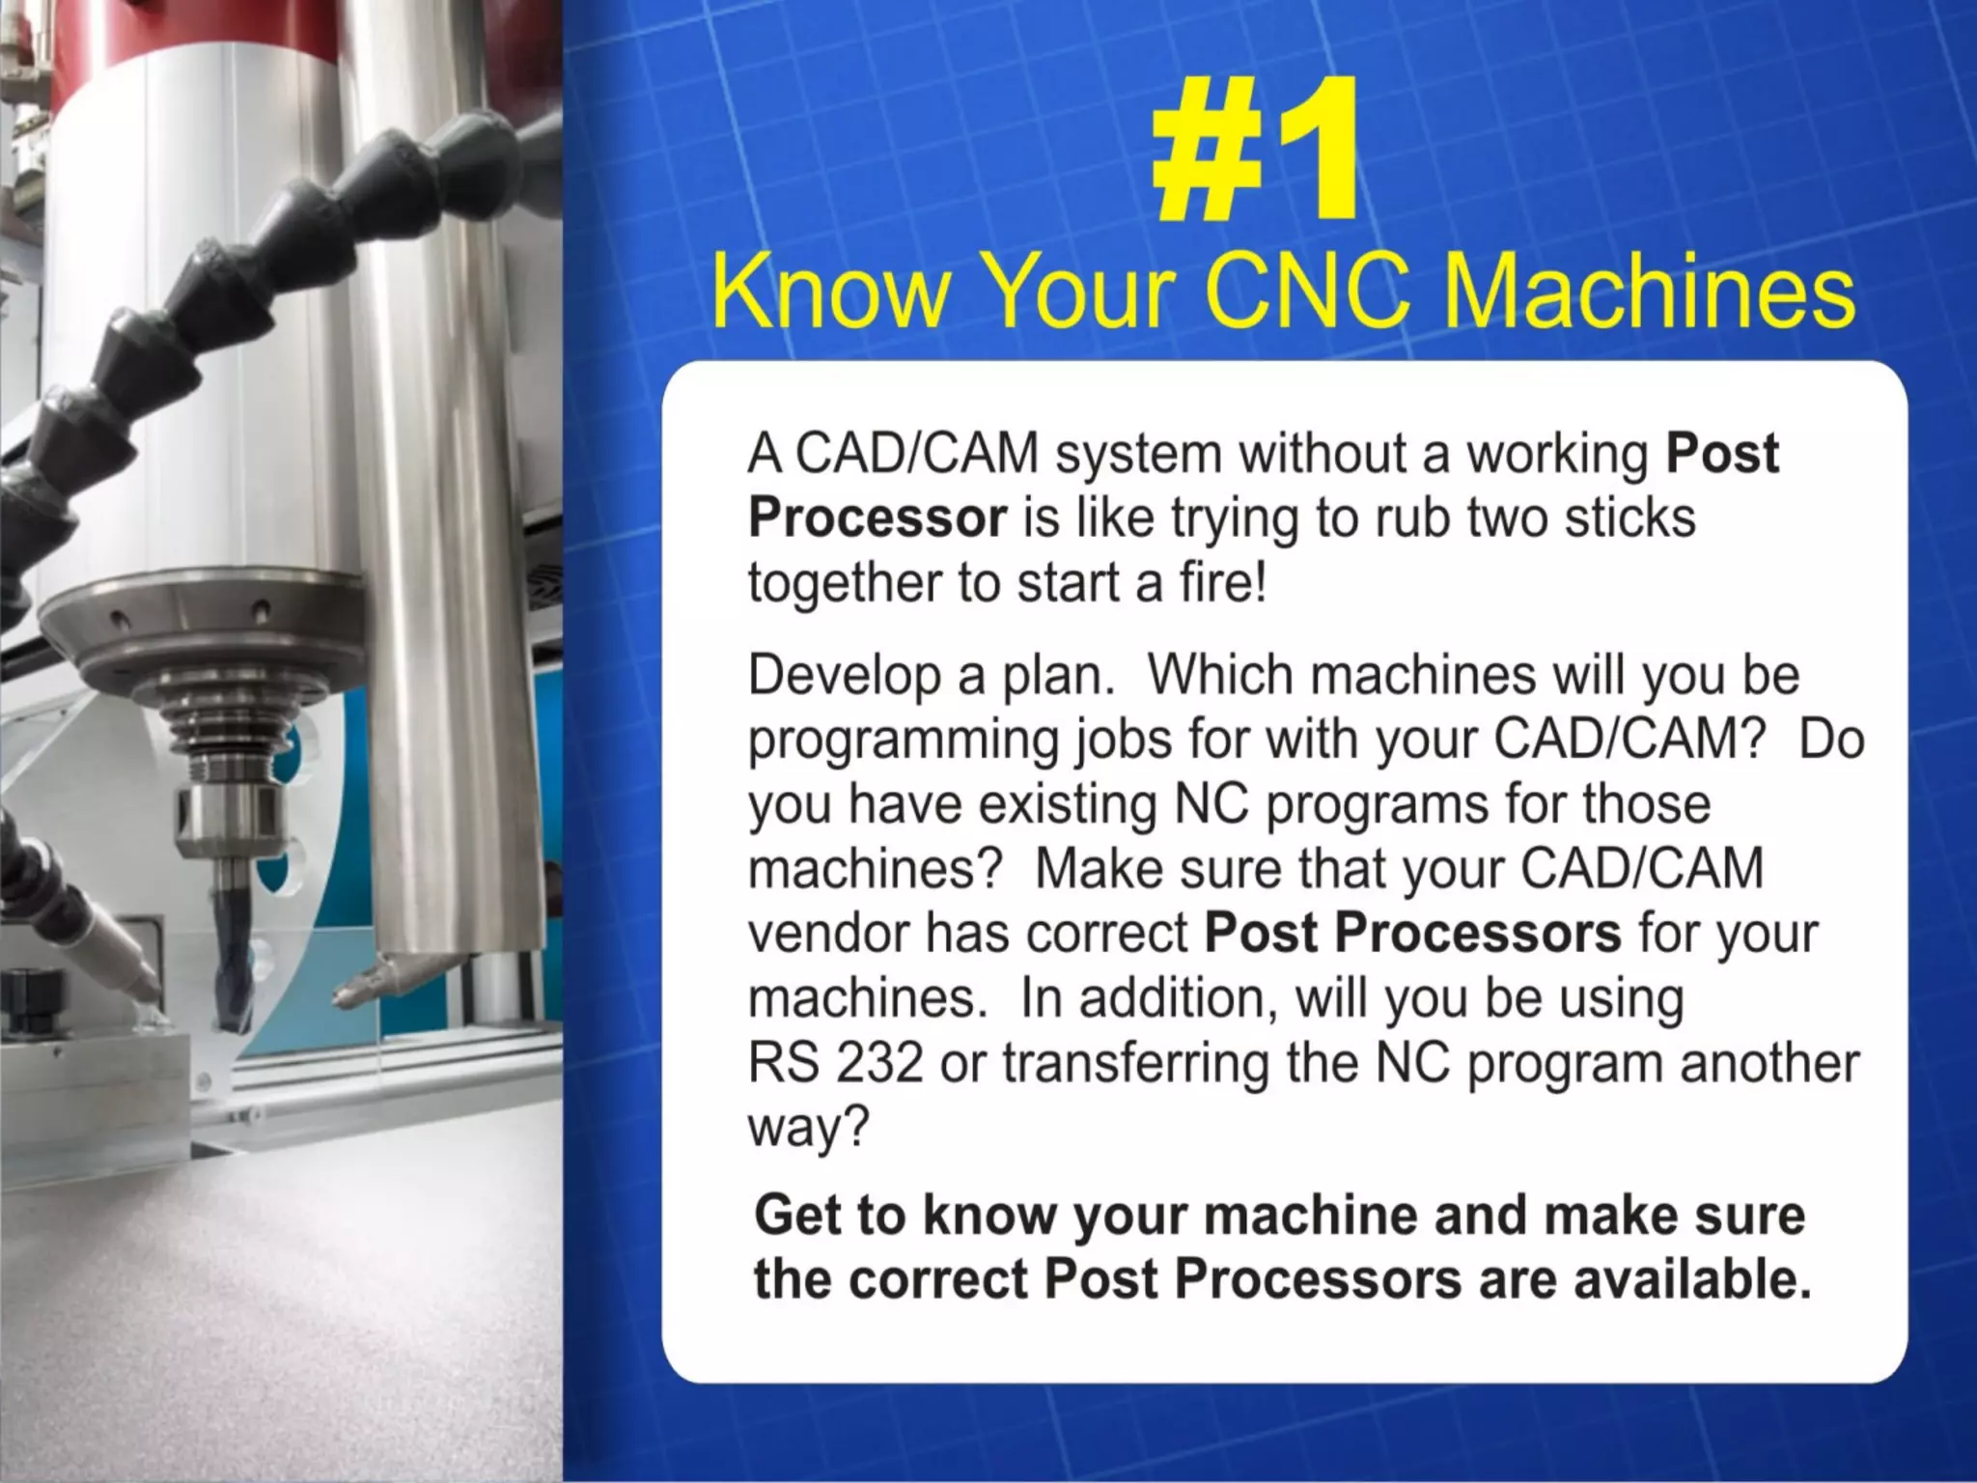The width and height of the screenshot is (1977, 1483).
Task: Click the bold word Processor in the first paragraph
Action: pyautogui.click(x=877, y=519)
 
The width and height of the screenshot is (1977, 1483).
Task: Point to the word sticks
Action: pyautogui.click(x=1629, y=518)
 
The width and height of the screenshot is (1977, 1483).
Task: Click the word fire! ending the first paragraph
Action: pyautogui.click(x=1222, y=582)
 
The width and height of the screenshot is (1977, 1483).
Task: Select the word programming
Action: pyautogui.click(x=902, y=741)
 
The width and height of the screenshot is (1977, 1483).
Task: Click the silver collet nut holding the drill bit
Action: pyautogui.click(x=228, y=817)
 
